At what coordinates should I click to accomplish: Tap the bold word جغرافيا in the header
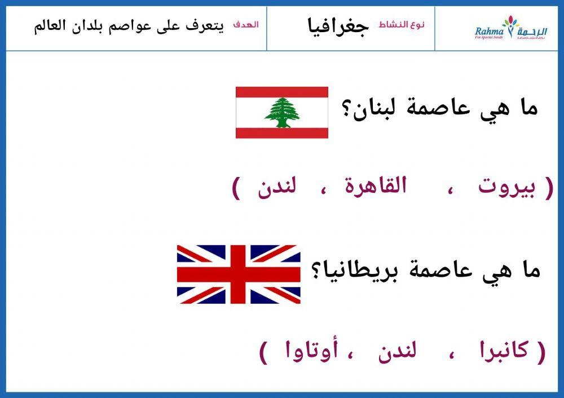[x=338, y=26]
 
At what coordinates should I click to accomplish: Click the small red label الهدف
[x=246, y=25]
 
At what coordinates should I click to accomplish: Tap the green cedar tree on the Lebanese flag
[x=281, y=112]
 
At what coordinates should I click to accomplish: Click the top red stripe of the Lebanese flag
[x=281, y=92]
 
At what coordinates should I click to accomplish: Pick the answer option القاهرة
[x=376, y=188]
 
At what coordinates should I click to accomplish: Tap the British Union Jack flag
[x=239, y=275]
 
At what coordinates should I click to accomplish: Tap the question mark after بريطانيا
[x=315, y=271]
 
